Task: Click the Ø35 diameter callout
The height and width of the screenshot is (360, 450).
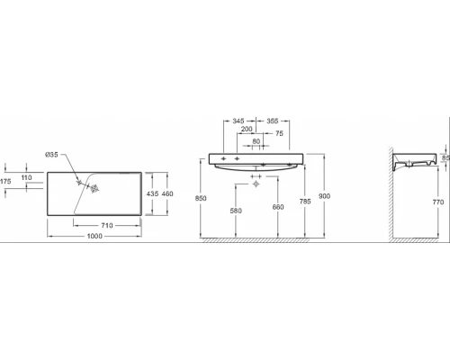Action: [x=51, y=155]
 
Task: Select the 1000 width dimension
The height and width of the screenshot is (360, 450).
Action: [x=94, y=236]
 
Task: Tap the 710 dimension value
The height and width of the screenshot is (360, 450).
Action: [x=107, y=225]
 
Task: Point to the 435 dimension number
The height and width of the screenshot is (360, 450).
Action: [x=152, y=193]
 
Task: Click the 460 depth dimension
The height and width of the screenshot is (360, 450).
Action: [x=167, y=193]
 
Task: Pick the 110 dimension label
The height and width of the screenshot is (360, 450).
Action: [x=26, y=177]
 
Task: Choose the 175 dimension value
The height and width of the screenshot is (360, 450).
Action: [x=5, y=181]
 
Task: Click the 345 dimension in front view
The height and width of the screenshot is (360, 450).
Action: [x=238, y=121]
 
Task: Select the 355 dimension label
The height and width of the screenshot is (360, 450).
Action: [x=273, y=121]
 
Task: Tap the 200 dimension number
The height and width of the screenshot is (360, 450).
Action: [x=247, y=129]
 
